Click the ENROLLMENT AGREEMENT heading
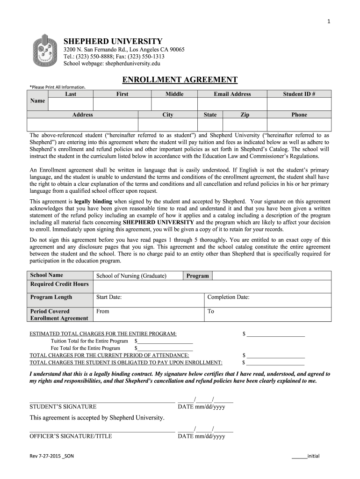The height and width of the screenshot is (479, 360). coord(180,80)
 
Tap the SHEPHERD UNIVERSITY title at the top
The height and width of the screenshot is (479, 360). coord(113,41)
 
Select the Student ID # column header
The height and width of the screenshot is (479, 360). coord(299,94)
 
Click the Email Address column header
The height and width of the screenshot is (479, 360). coord(232,94)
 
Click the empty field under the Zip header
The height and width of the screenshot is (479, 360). coord(245,124)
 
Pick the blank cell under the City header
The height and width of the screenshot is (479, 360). coord(167,124)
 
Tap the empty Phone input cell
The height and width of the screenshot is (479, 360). coord(299,124)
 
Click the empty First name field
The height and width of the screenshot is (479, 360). coord(122,104)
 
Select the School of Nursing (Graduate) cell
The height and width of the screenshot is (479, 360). coord(131,276)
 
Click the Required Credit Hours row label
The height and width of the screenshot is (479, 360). coord(59,284)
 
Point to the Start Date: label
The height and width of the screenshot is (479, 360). coord(109,297)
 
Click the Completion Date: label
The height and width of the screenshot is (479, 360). coord(228,297)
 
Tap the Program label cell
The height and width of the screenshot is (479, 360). coord(197,276)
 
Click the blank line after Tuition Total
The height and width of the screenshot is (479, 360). coord(165,341)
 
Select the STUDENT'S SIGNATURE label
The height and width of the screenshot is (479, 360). coord(63,406)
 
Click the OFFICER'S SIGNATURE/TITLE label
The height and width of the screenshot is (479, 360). coord(71,436)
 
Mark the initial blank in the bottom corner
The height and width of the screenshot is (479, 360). coord(299,457)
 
